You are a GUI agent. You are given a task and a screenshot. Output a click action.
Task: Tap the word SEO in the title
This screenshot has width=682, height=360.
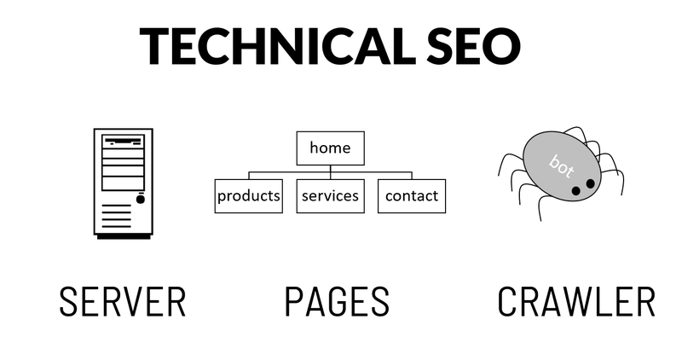[473, 46]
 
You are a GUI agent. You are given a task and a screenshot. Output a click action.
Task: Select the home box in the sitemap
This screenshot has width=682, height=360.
[331, 148]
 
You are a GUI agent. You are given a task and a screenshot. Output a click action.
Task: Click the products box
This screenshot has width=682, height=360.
[249, 196]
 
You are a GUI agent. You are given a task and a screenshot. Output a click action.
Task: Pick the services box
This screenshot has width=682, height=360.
[331, 196]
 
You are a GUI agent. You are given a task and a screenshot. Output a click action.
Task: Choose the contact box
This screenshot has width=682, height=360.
[412, 196]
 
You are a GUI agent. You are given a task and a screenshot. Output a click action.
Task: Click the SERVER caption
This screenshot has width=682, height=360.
[123, 301]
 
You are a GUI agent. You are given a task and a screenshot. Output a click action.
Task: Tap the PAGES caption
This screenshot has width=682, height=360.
[337, 301]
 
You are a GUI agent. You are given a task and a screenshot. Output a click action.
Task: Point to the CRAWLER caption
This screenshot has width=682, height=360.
[576, 301]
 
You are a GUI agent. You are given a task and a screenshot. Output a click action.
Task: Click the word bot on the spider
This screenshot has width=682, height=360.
[561, 165]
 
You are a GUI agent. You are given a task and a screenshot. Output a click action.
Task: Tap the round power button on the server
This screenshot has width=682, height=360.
[141, 200]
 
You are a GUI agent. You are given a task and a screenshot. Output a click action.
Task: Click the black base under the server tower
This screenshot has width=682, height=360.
[124, 237]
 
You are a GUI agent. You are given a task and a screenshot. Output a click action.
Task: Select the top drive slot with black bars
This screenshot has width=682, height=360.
[123, 142]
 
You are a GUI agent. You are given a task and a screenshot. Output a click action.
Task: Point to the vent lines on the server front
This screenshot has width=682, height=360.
[117, 216]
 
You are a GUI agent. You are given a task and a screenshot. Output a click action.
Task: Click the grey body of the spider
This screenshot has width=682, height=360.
[562, 166]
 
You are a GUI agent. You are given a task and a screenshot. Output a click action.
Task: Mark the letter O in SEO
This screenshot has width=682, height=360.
[501, 46]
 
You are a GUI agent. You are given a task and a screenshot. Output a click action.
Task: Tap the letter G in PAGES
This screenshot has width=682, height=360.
[337, 301]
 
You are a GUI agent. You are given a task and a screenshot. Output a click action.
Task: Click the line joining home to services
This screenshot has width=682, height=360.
[331, 172]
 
